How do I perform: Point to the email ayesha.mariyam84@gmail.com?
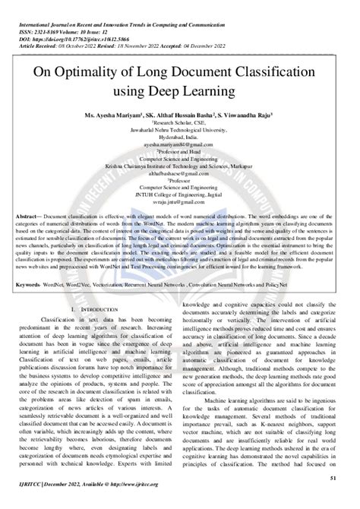coord(180,144)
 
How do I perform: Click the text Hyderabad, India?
coord(180,138)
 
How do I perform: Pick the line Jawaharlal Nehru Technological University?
coord(180,131)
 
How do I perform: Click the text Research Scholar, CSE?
coord(181,124)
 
